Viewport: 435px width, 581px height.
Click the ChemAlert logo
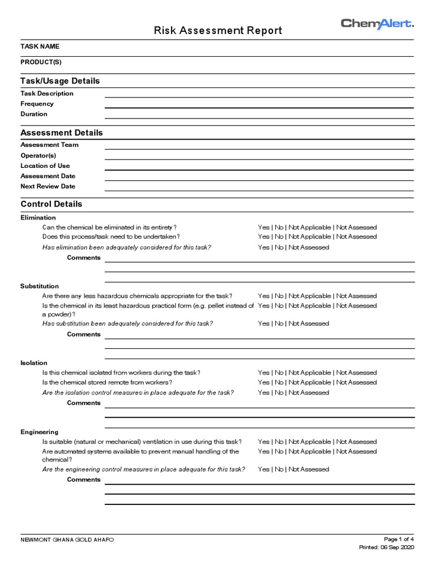coord(377,23)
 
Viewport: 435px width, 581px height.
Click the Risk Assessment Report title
coord(217,31)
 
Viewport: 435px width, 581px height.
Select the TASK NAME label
coord(40,47)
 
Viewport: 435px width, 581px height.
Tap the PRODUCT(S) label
coord(41,61)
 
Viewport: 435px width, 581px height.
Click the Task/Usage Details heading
coord(60,81)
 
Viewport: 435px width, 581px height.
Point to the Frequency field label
coord(37,104)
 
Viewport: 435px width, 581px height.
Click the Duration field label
coord(34,114)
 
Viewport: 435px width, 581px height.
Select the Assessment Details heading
coord(62,133)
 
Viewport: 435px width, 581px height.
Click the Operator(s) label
coord(39,155)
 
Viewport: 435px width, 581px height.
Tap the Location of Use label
coord(45,166)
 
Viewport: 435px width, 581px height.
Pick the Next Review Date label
coord(48,186)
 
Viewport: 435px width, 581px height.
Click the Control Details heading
coord(51,204)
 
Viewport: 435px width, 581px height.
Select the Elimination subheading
coord(38,217)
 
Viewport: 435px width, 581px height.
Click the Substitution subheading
coord(40,286)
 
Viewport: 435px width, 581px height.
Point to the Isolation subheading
coord(34,363)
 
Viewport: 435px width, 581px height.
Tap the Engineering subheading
coord(40,432)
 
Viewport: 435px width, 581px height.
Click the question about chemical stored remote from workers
coord(107,382)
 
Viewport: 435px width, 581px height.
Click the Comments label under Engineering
coord(84,479)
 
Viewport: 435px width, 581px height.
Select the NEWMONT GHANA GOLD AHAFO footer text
coord(67,540)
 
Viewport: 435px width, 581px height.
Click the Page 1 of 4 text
coord(399,539)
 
